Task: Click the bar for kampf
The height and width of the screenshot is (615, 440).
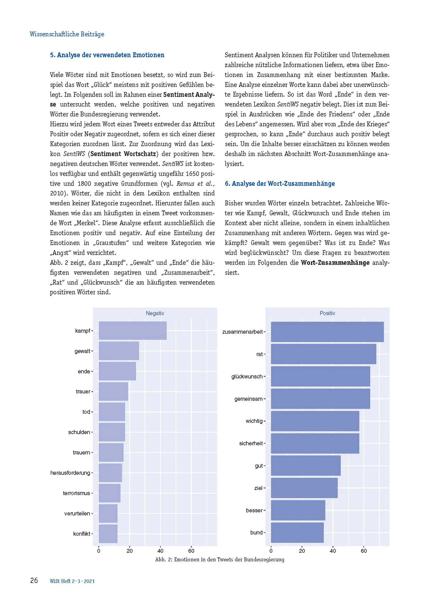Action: point(132,330)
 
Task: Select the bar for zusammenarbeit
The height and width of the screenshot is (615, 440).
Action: point(327,332)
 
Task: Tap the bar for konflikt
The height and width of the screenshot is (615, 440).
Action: point(108,534)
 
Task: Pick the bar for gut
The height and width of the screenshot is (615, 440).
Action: point(306,466)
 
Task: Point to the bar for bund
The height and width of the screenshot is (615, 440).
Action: point(297,533)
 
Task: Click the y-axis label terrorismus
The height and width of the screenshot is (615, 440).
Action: point(76,493)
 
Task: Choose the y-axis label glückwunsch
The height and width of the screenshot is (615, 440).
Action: point(247,376)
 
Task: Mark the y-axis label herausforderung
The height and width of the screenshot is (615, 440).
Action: point(70,473)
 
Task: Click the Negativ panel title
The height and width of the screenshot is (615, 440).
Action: point(155,313)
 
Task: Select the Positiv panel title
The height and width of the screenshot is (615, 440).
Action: point(327,313)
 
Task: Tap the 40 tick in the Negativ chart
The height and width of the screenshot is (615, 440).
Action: point(160,551)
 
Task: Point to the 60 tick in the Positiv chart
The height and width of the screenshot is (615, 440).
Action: point(364,551)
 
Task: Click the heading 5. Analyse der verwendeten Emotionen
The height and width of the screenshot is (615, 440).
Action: point(107,55)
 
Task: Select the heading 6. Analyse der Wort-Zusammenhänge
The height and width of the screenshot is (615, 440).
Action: point(280,183)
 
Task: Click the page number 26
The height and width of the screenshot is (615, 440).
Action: point(34,581)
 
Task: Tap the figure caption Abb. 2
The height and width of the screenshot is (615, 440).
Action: point(219,559)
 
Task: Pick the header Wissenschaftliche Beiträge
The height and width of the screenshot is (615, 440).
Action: point(67,34)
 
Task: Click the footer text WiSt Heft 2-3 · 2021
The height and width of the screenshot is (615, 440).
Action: point(72,581)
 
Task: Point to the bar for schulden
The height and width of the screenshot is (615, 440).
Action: point(112,432)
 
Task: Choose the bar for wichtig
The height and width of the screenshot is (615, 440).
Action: point(315,421)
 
